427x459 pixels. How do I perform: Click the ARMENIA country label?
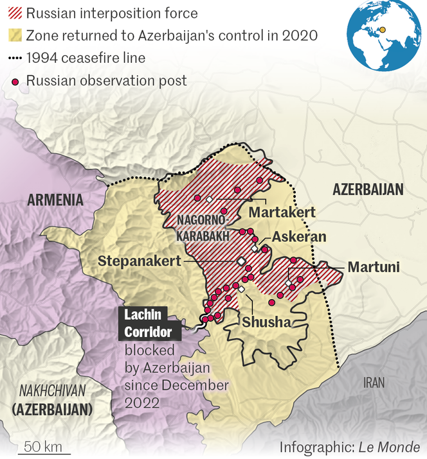click(x=55, y=200)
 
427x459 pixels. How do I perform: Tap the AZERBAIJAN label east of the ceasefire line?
click(x=368, y=189)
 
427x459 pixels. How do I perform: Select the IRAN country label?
click(x=374, y=383)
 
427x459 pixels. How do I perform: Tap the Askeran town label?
click(x=299, y=237)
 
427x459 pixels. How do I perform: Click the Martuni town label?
click(x=374, y=266)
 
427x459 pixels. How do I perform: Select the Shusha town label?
click(x=266, y=322)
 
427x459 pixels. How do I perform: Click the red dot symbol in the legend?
click(x=14, y=81)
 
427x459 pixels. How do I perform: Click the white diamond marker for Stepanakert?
click(x=241, y=261)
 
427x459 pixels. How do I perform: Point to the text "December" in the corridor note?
click(x=195, y=385)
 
